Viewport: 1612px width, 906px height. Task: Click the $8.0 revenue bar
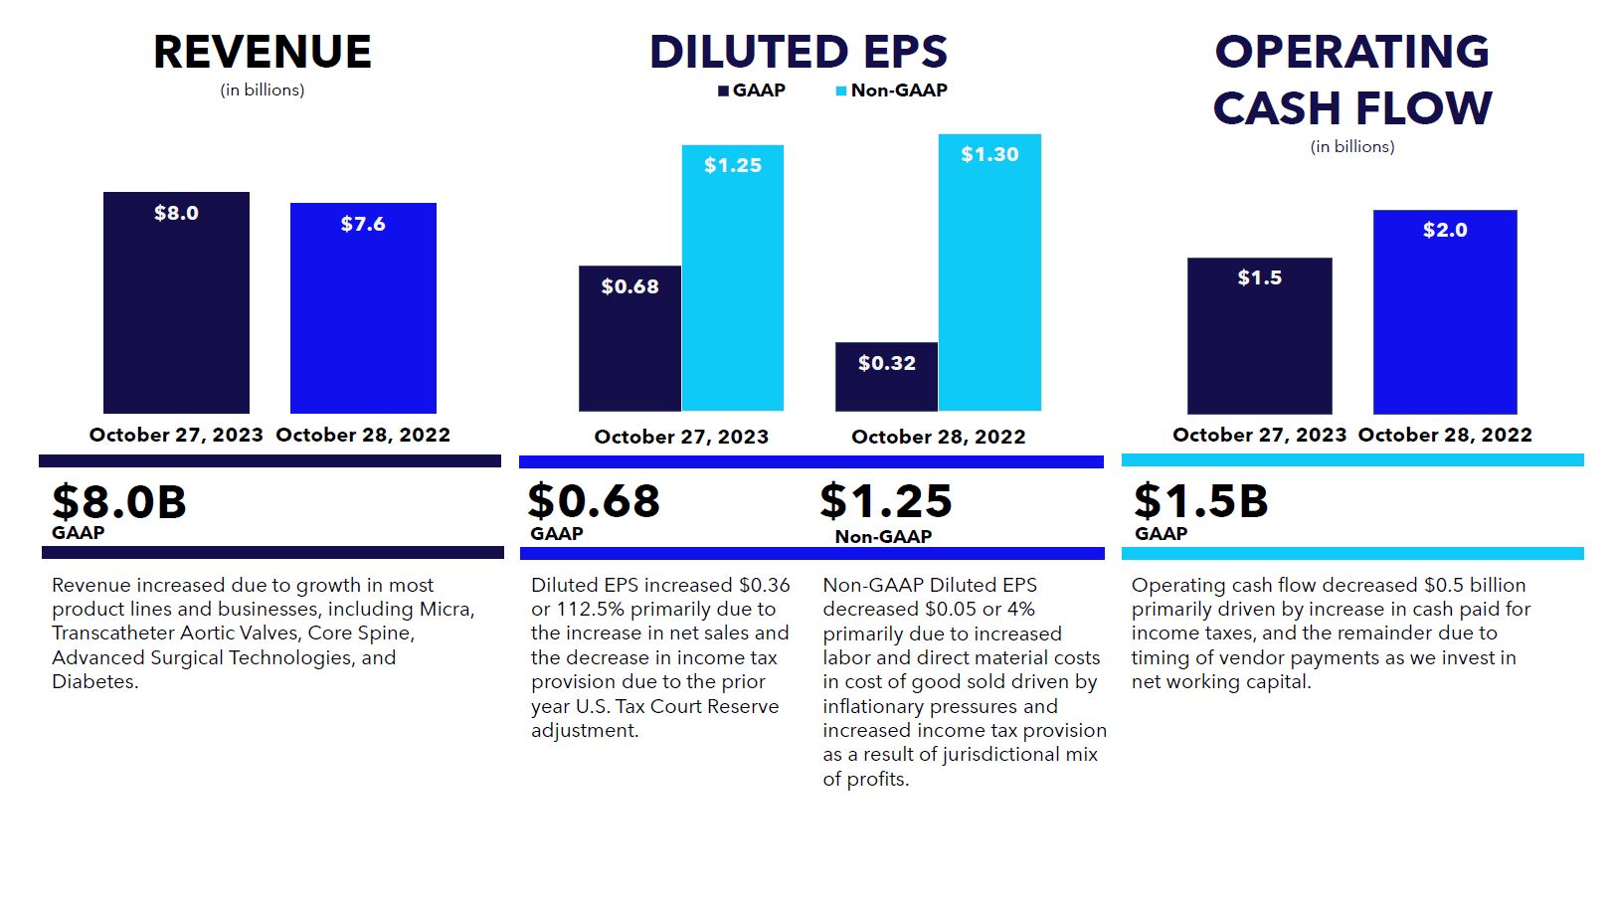pos(176,302)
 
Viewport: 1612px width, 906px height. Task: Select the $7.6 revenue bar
pos(363,308)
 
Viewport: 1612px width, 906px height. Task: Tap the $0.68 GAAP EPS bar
pos(629,338)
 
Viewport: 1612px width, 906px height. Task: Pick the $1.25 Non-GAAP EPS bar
pos(733,278)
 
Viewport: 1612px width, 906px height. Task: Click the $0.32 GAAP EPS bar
pos(886,377)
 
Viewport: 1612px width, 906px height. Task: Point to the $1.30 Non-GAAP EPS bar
pos(989,272)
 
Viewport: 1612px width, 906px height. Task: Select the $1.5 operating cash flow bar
pos(1259,336)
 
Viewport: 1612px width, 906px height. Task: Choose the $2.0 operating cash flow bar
pos(1445,312)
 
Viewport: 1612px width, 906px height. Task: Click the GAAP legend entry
pos(752,91)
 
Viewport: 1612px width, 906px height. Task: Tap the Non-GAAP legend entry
pos(892,91)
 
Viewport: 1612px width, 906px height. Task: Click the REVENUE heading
pos(263,52)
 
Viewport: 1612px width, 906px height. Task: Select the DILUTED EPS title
pos(798,52)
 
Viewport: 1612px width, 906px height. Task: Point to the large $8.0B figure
pos(119,501)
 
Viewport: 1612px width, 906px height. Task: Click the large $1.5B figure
pos(1201,501)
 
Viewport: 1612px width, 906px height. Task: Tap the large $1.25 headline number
pos(885,501)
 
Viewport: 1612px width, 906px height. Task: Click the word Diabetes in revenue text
pos(93,682)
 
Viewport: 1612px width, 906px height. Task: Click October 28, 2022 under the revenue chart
pos(363,435)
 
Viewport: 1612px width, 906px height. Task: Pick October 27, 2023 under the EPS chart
pos(681,437)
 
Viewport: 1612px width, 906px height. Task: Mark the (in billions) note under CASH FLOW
pos(1351,147)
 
